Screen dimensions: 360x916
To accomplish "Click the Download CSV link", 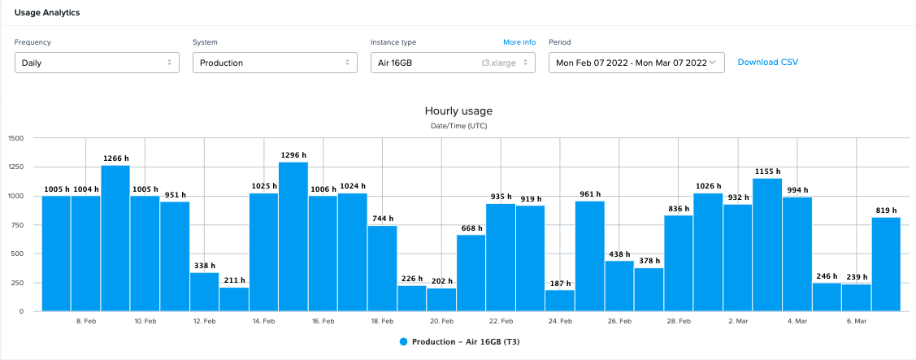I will (x=768, y=63).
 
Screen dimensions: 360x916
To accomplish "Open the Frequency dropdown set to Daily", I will (x=97, y=63).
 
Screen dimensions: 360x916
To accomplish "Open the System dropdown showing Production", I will (x=275, y=63).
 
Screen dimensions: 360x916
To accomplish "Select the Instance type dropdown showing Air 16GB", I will (x=452, y=63).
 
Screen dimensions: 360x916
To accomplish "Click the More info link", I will (x=519, y=42).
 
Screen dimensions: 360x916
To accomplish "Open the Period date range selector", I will (x=636, y=63).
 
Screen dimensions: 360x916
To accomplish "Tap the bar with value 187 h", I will (x=559, y=300).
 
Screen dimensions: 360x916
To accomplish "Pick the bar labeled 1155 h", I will (x=767, y=245).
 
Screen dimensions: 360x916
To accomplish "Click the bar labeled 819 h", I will (x=886, y=264).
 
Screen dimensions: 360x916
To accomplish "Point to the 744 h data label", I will (x=382, y=219).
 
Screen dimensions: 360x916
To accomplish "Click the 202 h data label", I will (x=441, y=281).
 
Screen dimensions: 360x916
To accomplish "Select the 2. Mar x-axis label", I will (x=738, y=322).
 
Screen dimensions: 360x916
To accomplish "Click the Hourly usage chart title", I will (x=458, y=111).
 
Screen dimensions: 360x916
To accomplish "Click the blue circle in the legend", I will (x=404, y=342).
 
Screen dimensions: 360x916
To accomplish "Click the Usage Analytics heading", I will (x=47, y=12).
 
